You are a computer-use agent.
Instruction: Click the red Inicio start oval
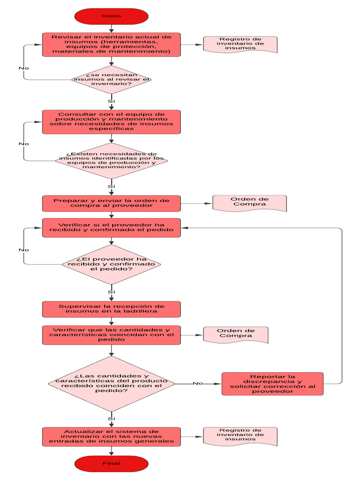[x=112, y=16]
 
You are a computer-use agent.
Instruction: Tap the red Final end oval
[x=112, y=464]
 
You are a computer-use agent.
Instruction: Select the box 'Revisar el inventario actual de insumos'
[x=112, y=45]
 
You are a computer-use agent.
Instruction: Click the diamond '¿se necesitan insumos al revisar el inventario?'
[x=112, y=80]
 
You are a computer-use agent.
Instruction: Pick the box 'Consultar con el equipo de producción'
[x=112, y=122]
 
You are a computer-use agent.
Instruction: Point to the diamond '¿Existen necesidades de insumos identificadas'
[x=112, y=161]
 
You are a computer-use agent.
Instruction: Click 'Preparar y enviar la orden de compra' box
[x=112, y=203]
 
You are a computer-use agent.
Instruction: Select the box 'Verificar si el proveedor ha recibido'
[x=112, y=227]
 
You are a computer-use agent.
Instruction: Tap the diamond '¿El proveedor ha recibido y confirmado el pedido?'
[x=112, y=264]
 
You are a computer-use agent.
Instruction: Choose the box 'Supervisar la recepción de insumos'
[x=112, y=309]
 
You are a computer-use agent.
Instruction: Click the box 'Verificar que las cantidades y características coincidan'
[x=112, y=335]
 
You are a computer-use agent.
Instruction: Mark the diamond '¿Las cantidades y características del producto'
[x=112, y=383]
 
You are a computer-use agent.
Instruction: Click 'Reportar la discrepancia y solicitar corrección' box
[x=272, y=384]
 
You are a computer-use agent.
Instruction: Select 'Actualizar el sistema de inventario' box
[x=112, y=436]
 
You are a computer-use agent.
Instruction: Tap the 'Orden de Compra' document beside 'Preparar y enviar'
[x=250, y=203]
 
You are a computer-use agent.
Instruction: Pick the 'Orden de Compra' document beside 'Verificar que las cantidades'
[x=236, y=335]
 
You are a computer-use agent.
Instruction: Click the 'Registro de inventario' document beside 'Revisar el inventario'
[x=240, y=44]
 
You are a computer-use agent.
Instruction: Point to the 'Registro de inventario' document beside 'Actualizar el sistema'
[x=240, y=436]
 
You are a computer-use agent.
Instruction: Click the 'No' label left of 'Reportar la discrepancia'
[x=198, y=383]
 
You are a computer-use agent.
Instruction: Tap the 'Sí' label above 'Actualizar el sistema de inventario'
[x=112, y=419]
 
